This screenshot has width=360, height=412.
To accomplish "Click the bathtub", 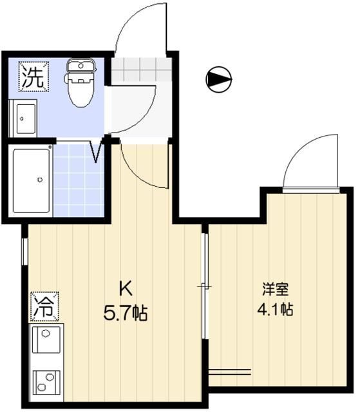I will point(31,180).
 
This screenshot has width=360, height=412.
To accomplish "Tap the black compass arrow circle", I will point(218,79).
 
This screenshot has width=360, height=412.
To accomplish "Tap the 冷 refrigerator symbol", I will point(43,305).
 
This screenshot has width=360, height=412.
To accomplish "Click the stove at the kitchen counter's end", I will point(47,384).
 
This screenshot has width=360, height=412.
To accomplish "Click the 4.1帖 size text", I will point(276,309).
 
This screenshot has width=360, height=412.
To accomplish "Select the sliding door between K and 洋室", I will point(204,286).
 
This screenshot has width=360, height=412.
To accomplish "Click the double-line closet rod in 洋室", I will point(229,371).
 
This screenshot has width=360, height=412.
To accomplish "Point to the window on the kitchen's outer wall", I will point(25,251).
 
